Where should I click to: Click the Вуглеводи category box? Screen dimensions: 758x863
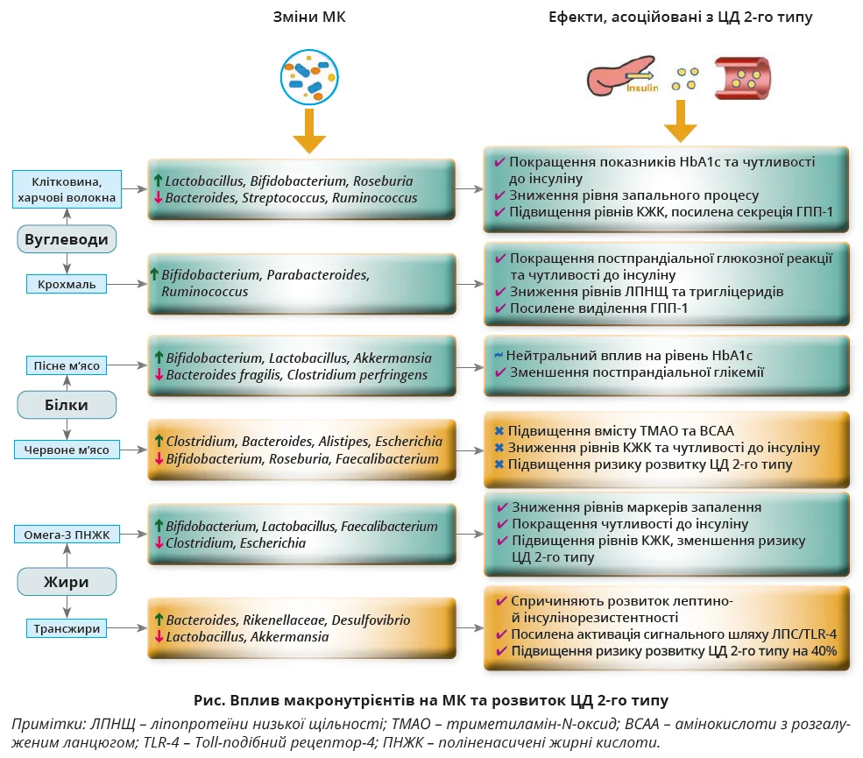(x=67, y=239)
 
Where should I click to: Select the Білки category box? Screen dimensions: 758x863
(x=67, y=404)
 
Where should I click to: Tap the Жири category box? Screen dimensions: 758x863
(x=67, y=580)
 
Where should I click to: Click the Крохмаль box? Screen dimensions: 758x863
(x=67, y=284)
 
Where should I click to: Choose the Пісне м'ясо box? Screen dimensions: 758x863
(x=67, y=365)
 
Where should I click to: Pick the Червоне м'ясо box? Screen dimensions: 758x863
(x=67, y=450)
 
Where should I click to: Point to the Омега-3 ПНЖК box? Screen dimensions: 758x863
(x=67, y=535)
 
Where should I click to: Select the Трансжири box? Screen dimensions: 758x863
(x=67, y=628)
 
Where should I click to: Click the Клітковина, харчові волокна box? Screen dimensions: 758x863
(x=67, y=189)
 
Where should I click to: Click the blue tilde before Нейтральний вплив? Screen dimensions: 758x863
(x=498, y=355)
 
